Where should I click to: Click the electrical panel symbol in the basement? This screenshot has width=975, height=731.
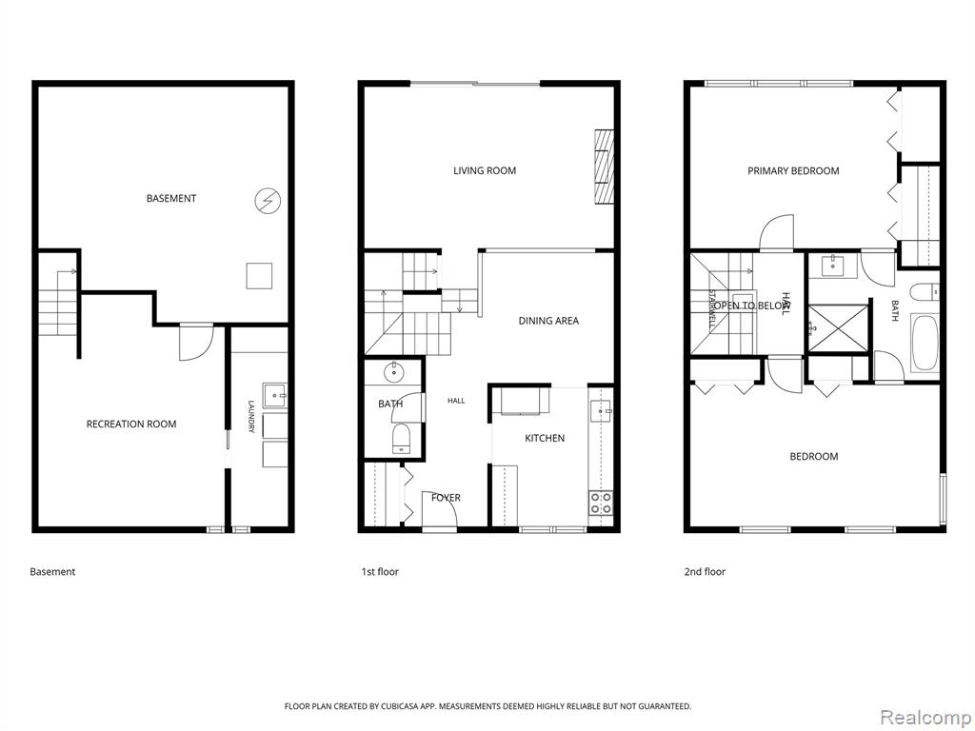click(268, 200)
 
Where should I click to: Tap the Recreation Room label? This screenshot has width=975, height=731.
click(131, 425)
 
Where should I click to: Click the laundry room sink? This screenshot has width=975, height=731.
click(275, 395)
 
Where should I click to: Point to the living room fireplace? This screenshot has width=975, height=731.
click(604, 167)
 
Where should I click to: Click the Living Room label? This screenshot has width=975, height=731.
click(485, 171)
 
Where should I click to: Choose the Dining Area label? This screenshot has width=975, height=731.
click(548, 321)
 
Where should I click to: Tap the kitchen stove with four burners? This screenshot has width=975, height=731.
click(600, 503)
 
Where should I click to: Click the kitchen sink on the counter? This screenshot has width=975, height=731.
click(601, 410)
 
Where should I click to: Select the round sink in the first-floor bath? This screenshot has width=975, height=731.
click(394, 373)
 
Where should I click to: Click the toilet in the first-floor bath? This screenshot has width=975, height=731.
click(401, 439)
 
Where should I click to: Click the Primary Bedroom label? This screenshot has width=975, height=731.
click(793, 171)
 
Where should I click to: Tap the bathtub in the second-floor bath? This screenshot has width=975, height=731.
click(925, 344)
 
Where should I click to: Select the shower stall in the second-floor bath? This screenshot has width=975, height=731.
click(837, 328)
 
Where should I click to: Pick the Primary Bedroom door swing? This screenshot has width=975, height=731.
click(777, 232)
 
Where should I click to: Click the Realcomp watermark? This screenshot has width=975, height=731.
click(924, 717)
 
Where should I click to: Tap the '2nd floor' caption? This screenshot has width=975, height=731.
click(705, 572)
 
